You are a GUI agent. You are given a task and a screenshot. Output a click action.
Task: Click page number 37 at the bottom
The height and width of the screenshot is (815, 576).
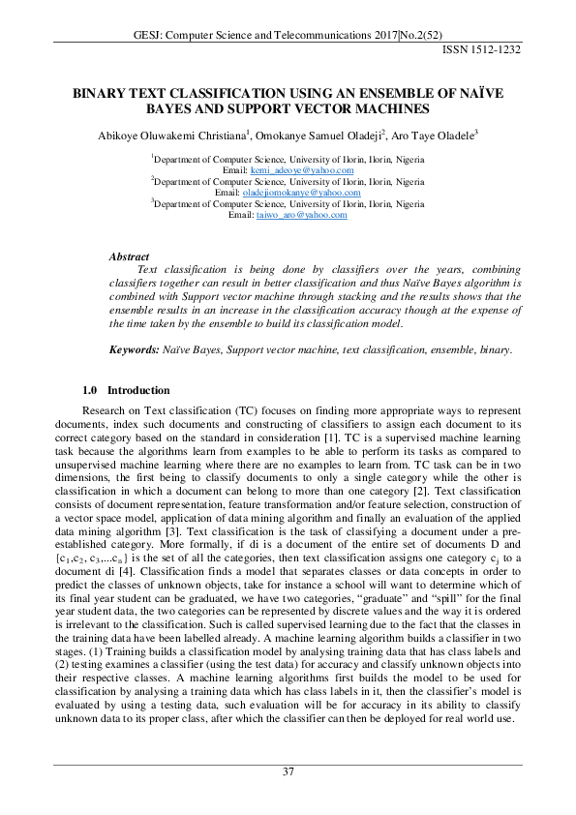click(288, 771)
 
